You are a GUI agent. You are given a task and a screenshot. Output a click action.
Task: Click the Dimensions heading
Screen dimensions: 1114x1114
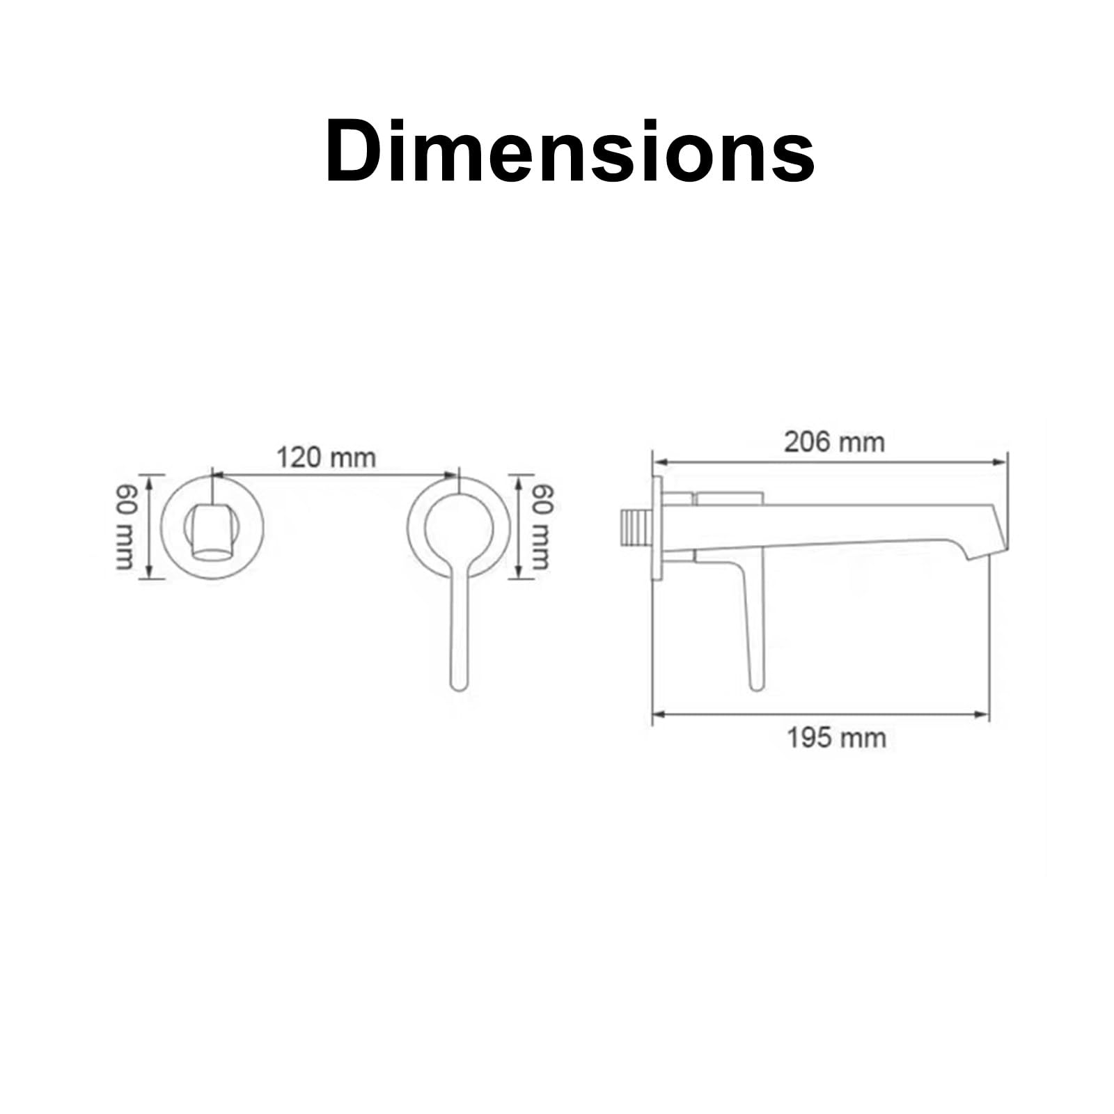tap(570, 151)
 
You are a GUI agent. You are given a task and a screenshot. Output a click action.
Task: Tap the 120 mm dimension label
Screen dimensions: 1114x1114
tap(327, 458)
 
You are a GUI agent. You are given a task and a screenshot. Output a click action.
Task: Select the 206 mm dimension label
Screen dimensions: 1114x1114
tap(834, 441)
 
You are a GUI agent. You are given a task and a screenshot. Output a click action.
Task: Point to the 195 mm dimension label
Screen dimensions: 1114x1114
tap(836, 737)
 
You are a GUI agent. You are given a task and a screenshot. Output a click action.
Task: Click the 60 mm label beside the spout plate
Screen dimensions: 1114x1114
tap(125, 527)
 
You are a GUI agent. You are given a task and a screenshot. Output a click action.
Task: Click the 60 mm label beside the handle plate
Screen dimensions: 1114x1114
tap(542, 527)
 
